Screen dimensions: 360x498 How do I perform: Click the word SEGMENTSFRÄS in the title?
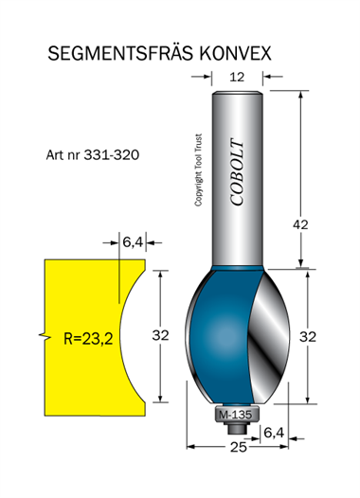(120, 53)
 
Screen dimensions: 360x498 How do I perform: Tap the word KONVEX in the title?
(236, 53)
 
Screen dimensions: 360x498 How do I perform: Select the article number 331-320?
(112, 155)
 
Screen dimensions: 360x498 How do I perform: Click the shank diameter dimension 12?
(237, 77)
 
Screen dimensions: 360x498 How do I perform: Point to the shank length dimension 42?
(300, 224)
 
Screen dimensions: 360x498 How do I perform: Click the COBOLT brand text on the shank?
(237, 171)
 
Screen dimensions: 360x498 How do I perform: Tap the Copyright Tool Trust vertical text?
(198, 169)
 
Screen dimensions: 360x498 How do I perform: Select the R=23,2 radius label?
(88, 339)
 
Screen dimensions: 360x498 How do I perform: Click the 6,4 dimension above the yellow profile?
(133, 242)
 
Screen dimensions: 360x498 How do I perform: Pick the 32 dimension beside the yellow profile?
(160, 335)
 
